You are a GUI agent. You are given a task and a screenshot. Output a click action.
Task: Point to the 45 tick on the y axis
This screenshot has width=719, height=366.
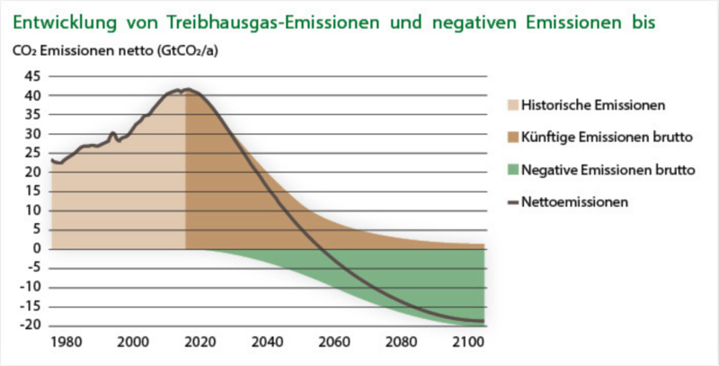(x=31, y=76)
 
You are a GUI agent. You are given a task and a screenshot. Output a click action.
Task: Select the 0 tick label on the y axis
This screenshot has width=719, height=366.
(x=36, y=249)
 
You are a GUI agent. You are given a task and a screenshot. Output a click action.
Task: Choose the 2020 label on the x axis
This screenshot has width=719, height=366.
(x=200, y=343)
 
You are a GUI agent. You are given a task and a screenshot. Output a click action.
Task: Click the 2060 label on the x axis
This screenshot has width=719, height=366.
(x=333, y=343)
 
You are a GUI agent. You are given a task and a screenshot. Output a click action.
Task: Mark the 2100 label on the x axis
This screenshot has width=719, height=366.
(x=466, y=343)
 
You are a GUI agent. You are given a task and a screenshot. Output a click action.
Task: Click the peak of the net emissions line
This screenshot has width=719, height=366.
(x=187, y=90)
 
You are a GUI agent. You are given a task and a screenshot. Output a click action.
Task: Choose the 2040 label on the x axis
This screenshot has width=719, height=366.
(x=266, y=343)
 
